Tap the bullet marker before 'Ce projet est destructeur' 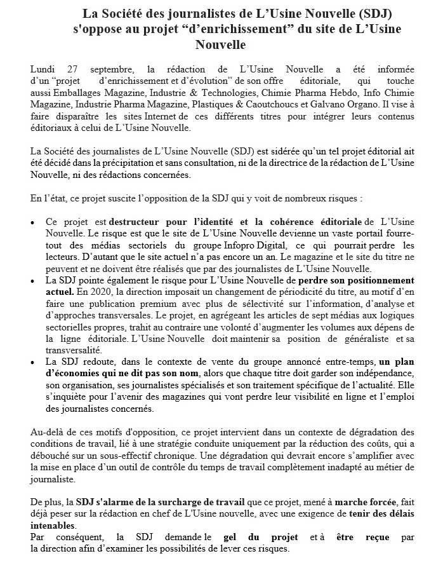coord(33,222)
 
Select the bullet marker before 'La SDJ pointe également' coord(33,280)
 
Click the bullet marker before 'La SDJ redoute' coord(33,361)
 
